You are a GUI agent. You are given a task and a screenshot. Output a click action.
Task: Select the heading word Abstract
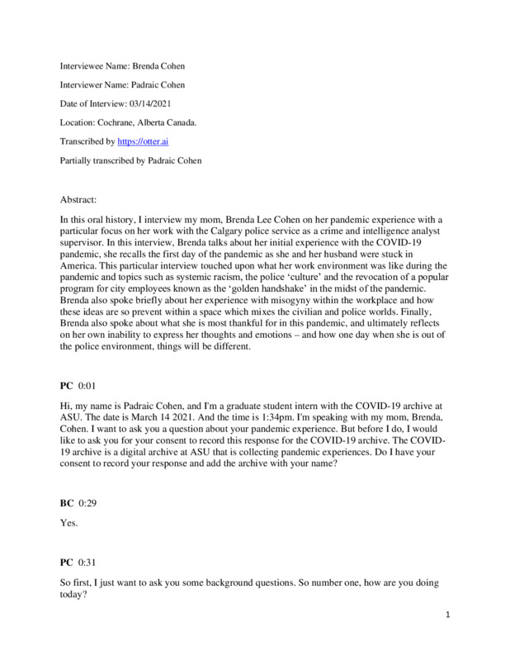(x=78, y=200)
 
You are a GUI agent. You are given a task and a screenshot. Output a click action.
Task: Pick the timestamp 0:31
(x=89, y=562)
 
